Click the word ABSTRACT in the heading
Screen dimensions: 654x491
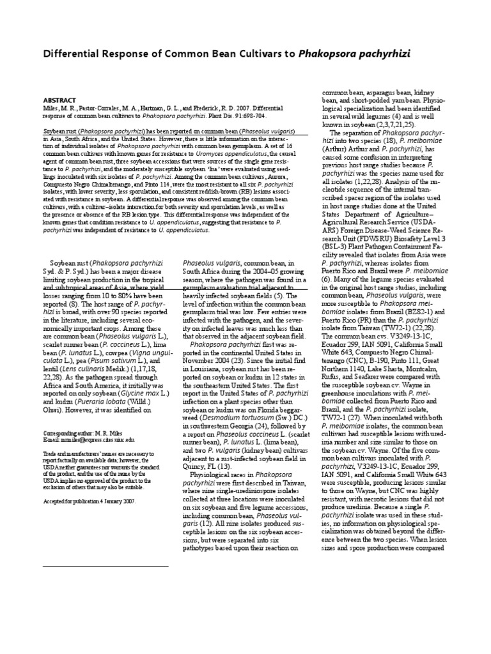click(59, 100)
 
